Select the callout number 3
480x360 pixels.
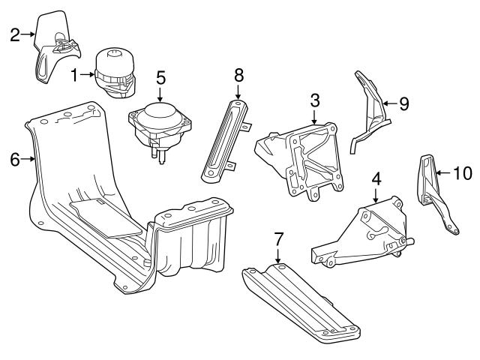pyautogui.click(x=315, y=100)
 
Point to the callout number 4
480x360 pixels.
pyautogui.click(x=376, y=178)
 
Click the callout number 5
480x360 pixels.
pyautogui.click(x=160, y=77)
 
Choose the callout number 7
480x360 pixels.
pyautogui.click(x=278, y=239)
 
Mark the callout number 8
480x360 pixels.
pyautogui.click(x=238, y=74)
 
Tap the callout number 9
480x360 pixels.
pyautogui.click(x=403, y=103)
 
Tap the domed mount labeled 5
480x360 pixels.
pyautogui.click(x=160, y=124)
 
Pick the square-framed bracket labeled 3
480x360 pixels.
pyautogui.click(x=304, y=157)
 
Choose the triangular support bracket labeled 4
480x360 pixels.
pyautogui.click(x=367, y=232)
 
